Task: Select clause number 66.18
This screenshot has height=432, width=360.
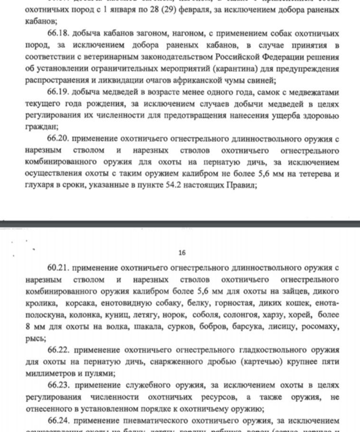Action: pyautogui.click(x=59, y=34)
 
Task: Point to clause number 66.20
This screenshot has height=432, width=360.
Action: pyautogui.click(x=59, y=139)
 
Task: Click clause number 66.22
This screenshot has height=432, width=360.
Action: pyautogui.click(x=59, y=350)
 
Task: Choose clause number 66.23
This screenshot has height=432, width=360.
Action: pyautogui.click(x=59, y=385)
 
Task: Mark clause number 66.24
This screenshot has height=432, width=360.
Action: pyautogui.click(x=59, y=420)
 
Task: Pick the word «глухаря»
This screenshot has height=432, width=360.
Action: pyautogui.click(x=38, y=186)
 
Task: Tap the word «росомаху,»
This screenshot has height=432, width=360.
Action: pyautogui.click(x=320, y=327)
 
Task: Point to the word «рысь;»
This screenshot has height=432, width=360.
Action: pyautogui.click(x=36, y=338)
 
